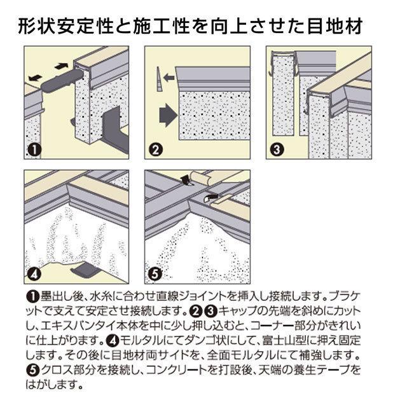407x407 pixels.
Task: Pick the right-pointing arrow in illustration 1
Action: (x=62, y=66)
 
